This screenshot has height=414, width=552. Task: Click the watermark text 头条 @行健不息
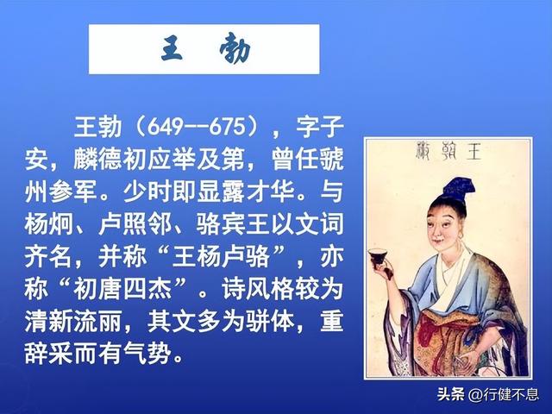(x=487, y=395)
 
